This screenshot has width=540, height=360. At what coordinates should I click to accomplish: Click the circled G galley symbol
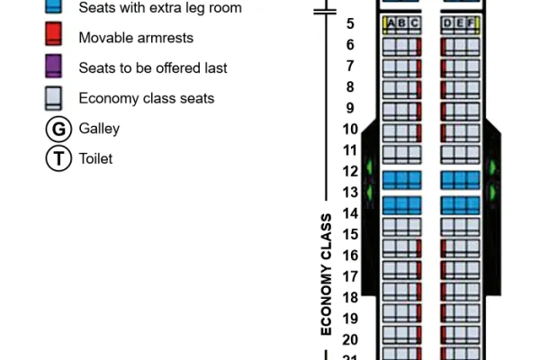click(x=58, y=129)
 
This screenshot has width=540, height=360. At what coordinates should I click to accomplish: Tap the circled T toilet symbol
click(x=58, y=158)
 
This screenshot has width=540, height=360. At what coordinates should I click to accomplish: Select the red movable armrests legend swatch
click(x=53, y=34)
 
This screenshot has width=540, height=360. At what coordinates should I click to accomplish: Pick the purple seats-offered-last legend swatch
click(x=53, y=66)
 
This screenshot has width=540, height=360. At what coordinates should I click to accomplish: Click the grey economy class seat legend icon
click(x=53, y=98)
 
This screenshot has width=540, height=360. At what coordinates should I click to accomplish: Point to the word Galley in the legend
click(x=99, y=129)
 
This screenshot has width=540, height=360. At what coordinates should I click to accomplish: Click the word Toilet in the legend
click(x=95, y=158)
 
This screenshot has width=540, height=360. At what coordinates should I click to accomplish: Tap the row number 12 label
click(x=350, y=171)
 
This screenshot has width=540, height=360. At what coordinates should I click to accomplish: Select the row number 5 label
click(x=350, y=23)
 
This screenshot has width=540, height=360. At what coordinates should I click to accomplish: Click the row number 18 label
click(x=350, y=298)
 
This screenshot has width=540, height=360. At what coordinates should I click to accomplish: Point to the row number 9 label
click(x=350, y=108)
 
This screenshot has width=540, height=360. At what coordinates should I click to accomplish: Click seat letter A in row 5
click(x=391, y=23)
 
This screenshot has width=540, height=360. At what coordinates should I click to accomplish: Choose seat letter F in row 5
click(x=471, y=23)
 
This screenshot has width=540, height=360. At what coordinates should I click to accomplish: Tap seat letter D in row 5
click(x=447, y=23)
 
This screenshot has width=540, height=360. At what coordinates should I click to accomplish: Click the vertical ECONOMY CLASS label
click(x=326, y=274)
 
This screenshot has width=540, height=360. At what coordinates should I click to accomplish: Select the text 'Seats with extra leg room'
click(x=160, y=7)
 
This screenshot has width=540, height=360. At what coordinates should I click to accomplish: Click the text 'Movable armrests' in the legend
click(x=136, y=38)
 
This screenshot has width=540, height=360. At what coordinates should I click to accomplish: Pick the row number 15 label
click(x=350, y=234)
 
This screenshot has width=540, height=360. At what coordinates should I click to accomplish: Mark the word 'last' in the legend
click(x=216, y=67)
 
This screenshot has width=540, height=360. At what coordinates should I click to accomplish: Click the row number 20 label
click(x=350, y=339)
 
